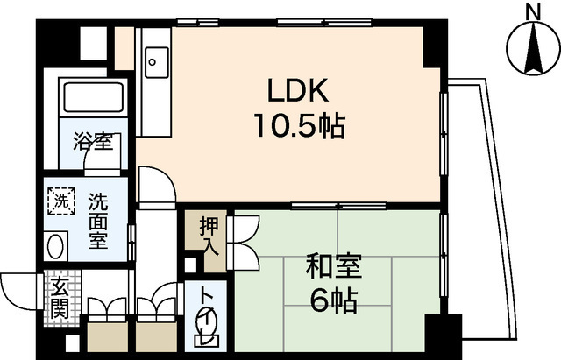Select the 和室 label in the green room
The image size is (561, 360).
(334, 264)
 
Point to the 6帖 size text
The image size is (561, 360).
(334, 300)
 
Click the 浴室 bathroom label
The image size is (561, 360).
(91, 140)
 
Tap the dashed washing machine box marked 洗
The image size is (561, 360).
(60, 200)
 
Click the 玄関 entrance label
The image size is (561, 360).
(59, 297)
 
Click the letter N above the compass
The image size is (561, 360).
(531, 11)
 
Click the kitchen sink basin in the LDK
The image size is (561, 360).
(157, 61)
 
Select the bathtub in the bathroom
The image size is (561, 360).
(91, 101)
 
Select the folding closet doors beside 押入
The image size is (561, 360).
(242, 240)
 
